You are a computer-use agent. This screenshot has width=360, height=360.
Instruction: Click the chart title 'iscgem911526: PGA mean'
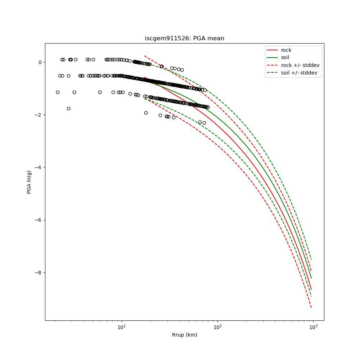click(184, 39)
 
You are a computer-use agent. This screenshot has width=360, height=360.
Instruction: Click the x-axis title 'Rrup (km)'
click(184, 335)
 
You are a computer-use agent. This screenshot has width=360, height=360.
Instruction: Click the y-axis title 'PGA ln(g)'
click(29, 182)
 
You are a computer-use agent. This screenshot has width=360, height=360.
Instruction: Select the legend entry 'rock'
click(286, 50)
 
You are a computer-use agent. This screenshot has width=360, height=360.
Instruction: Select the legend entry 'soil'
click(285, 58)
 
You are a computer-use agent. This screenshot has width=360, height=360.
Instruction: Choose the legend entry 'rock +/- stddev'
click(300, 65)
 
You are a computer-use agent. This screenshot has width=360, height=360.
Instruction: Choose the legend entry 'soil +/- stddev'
click(300, 73)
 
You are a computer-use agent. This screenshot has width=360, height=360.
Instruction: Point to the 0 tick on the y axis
click(40, 62)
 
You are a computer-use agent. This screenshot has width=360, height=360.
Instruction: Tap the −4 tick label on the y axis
click(38, 167)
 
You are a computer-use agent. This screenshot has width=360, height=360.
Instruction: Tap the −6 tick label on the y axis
click(38, 220)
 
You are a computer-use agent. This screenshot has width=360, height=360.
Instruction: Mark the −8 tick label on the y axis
click(38, 273)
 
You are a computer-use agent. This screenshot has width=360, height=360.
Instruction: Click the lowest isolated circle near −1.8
click(68, 108)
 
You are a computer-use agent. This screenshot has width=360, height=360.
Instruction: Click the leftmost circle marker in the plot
click(58, 92)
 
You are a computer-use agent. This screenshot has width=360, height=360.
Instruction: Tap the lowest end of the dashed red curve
click(311, 307)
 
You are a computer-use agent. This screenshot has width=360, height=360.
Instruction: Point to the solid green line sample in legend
click(273, 58)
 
